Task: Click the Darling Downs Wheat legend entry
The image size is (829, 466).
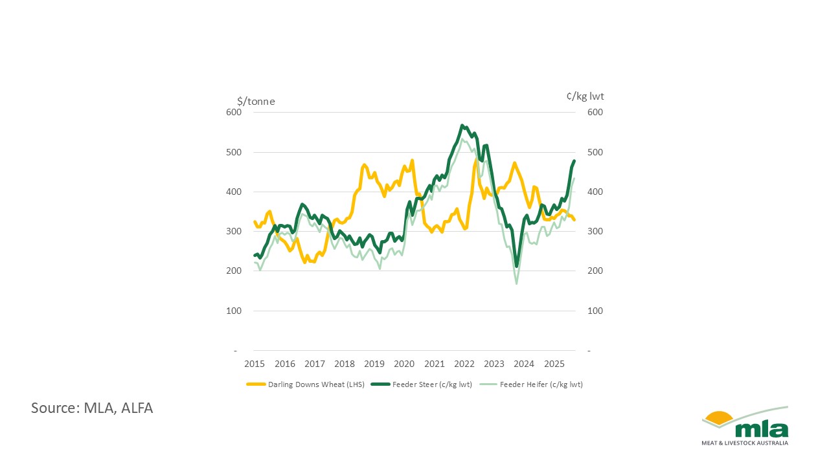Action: click(306, 384)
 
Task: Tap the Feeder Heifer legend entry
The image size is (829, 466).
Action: click(531, 384)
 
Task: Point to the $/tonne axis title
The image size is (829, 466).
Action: click(256, 100)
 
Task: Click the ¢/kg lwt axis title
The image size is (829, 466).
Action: click(585, 96)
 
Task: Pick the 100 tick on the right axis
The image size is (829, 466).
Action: click(595, 311)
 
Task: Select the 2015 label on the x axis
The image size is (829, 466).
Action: click(255, 364)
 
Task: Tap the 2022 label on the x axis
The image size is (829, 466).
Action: click(464, 364)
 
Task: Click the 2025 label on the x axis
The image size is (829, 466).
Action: click(554, 364)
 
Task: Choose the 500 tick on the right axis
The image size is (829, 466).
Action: click(595, 153)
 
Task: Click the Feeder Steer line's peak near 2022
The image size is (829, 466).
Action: click(462, 126)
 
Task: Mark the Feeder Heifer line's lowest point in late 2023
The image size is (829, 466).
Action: click(516, 283)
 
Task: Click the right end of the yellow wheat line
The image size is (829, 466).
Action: click(574, 220)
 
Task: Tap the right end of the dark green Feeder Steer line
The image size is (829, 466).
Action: click(574, 161)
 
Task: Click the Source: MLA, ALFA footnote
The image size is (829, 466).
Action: click(92, 408)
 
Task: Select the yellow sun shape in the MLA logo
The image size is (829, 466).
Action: click(718, 418)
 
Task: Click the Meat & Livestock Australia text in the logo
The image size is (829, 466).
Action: click(745, 443)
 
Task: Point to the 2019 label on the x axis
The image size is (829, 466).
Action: click(374, 364)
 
